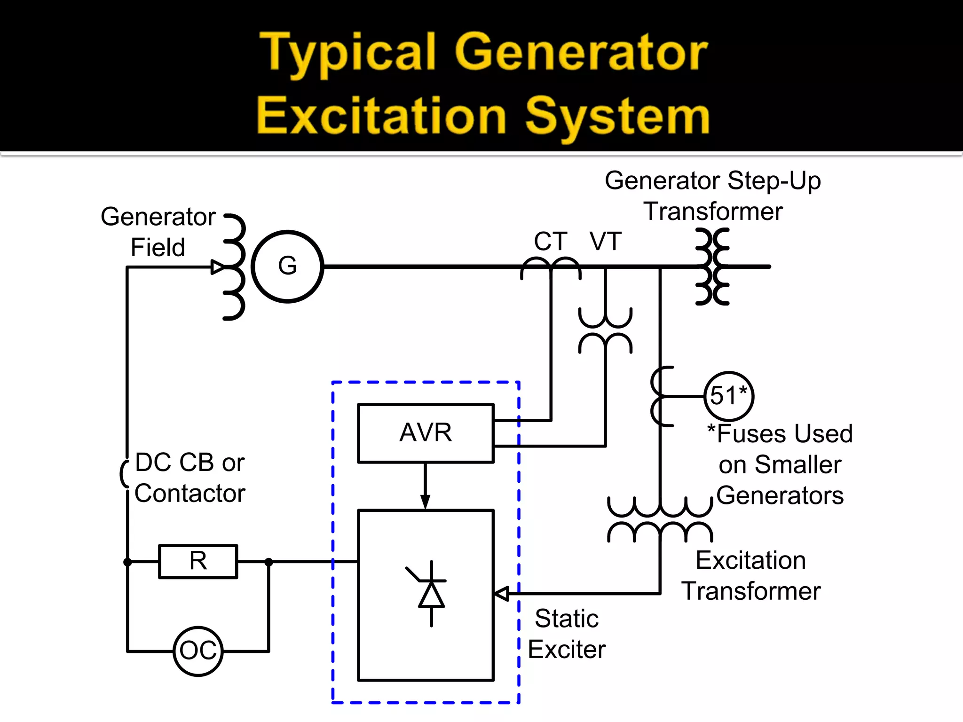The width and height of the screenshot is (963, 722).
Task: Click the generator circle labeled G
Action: [x=287, y=267]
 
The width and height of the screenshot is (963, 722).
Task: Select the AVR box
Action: [x=426, y=433]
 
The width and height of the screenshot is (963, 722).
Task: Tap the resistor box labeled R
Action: [x=198, y=561]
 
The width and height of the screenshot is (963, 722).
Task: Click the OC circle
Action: [x=198, y=651]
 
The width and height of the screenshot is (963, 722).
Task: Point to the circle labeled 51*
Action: [x=728, y=396]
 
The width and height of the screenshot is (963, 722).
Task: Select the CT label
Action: [x=550, y=242]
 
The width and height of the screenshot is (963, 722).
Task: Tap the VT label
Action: [x=606, y=242]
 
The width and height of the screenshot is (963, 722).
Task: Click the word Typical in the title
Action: [x=347, y=53]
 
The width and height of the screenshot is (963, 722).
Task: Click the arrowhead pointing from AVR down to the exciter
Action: [x=425, y=502]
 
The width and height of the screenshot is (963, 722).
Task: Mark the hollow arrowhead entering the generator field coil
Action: [x=217, y=267]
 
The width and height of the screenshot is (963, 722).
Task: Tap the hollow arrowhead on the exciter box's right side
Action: [x=502, y=594]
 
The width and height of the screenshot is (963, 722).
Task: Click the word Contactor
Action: [x=190, y=494]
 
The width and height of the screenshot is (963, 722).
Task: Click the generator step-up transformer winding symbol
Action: [x=712, y=267]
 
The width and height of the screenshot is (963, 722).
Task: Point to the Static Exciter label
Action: [x=567, y=634]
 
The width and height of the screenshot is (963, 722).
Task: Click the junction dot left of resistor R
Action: [x=127, y=562]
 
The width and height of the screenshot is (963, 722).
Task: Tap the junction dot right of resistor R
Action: [x=268, y=562]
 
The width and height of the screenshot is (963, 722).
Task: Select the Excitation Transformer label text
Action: [x=751, y=576]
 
